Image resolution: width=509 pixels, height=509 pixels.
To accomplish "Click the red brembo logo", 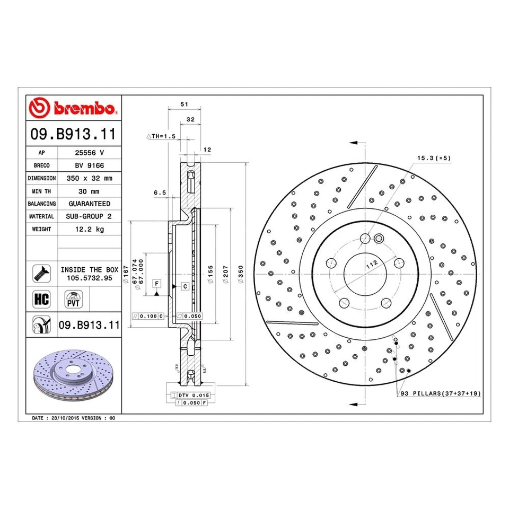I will (74, 108).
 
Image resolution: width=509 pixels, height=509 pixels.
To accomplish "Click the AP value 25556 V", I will (89, 153).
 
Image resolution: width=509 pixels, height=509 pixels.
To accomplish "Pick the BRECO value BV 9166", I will (89, 165).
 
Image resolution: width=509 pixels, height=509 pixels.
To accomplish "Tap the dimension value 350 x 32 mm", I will (89, 178).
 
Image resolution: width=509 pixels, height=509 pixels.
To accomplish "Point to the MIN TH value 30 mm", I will (89, 191).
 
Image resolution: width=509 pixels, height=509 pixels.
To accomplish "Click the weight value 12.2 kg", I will (89, 229).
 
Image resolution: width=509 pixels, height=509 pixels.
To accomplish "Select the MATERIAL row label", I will (42, 216).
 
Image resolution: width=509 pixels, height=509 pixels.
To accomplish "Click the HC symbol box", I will (41, 299).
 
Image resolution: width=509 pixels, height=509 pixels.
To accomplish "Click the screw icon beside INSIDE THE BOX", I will (41, 273).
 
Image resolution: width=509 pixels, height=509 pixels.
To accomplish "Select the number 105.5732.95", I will (89, 277).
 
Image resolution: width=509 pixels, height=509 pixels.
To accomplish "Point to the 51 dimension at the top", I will (184, 104).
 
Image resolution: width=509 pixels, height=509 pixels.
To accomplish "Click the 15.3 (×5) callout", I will (433, 158).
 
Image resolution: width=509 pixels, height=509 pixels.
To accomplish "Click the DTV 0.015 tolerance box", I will (194, 396).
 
